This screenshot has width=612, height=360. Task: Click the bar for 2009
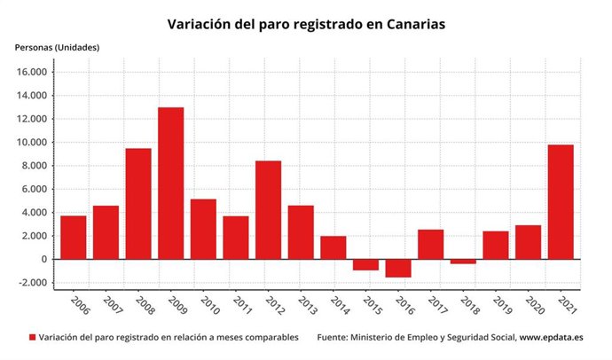(170, 184)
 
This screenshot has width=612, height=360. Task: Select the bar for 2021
(560, 202)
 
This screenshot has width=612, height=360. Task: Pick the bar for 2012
(268, 210)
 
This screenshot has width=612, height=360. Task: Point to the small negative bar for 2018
(462, 262)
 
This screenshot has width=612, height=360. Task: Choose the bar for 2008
(137, 204)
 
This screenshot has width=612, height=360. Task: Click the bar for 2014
(333, 247)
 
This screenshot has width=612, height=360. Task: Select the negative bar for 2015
(365, 264)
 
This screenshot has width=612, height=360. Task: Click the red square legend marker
(33, 338)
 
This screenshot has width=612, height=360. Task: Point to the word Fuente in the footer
(335, 338)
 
